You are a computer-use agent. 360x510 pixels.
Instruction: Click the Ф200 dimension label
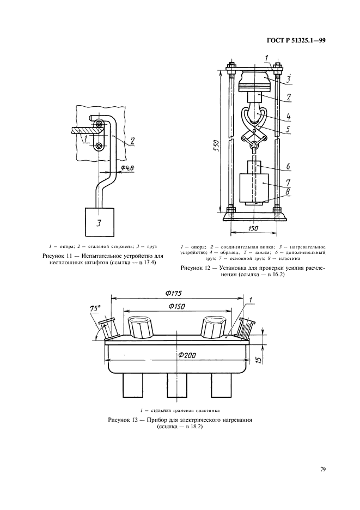click(x=186, y=355)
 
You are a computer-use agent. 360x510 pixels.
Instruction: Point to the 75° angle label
click(x=96, y=309)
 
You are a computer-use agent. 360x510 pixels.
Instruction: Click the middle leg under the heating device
click(x=175, y=388)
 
